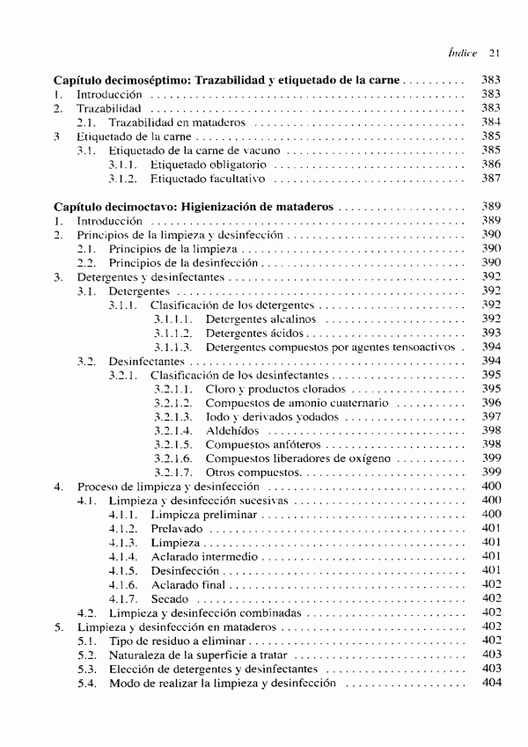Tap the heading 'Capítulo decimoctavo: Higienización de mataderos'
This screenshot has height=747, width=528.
(193, 207)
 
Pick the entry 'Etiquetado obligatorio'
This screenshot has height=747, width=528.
(208, 165)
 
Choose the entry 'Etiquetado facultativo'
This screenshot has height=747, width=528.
(207, 179)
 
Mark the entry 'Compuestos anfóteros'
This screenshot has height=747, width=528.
(260, 444)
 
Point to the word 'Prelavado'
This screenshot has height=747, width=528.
(177, 528)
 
